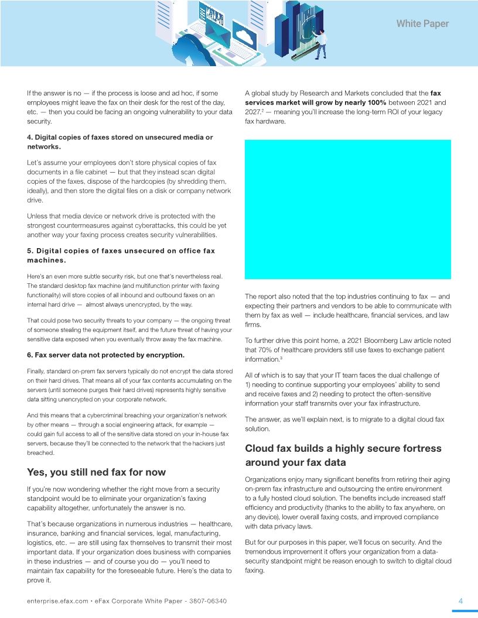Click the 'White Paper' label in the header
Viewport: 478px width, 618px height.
pos(422,24)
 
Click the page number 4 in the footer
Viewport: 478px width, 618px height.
pos(460,601)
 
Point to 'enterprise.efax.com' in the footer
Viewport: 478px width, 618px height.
pos(57,602)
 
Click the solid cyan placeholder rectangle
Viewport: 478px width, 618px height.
pos(348,209)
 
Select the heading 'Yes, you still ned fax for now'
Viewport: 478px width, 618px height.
pos(96,472)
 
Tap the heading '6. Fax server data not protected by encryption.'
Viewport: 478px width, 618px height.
pos(105,355)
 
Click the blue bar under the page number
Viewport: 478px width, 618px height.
pos(465,611)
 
